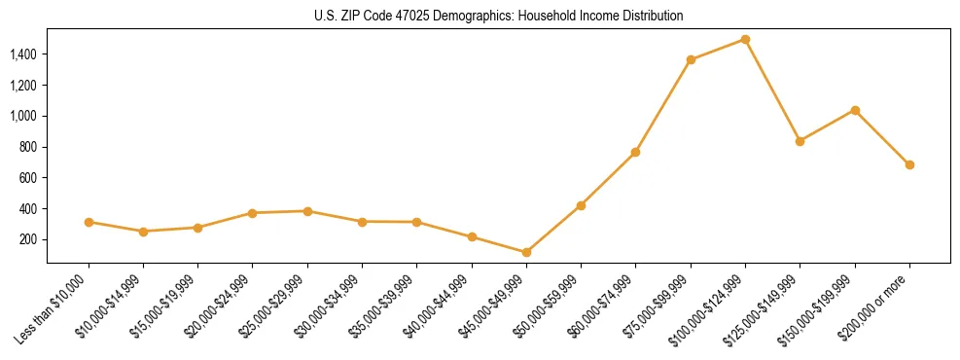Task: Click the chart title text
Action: coord(498,16)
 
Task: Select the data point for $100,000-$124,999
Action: coord(745,40)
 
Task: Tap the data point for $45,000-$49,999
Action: coord(526,252)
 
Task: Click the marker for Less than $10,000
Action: coord(89,222)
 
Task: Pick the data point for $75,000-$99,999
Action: coord(691,60)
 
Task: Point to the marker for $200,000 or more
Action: coord(909,164)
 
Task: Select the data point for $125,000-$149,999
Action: coord(800,141)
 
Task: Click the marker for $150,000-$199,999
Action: coord(855,110)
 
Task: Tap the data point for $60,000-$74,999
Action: coord(635,152)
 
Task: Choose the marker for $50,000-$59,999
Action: coord(581,205)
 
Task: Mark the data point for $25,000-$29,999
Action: coord(307,211)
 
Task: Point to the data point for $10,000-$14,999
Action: coord(143,232)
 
